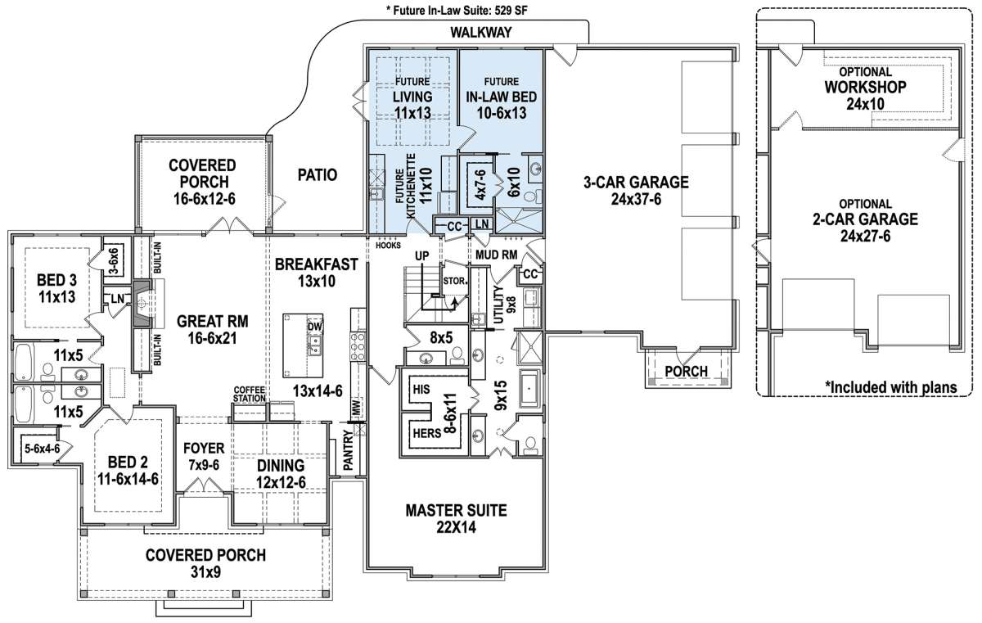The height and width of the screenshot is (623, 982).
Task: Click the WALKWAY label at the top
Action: [x=481, y=33]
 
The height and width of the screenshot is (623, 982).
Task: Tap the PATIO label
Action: [x=318, y=175]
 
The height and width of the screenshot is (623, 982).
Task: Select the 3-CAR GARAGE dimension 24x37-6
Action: [x=636, y=200]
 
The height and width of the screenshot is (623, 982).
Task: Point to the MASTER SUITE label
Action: [x=456, y=510]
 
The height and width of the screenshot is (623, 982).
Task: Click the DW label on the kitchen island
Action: [x=315, y=326]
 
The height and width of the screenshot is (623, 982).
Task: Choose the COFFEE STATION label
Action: [x=250, y=394]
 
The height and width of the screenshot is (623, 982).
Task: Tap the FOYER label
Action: [x=204, y=448]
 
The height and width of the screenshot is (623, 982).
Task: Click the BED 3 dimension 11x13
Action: [x=56, y=297]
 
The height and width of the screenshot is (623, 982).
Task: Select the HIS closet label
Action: [x=421, y=390]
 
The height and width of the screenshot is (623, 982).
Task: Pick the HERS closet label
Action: [x=427, y=433]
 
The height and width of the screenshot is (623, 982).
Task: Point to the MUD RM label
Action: [x=496, y=255]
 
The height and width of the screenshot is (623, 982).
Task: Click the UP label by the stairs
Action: [x=421, y=255]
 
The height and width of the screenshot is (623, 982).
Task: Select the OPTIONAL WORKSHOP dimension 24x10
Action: [x=866, y=104]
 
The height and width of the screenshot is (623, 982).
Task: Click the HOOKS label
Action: [x=388, y=246]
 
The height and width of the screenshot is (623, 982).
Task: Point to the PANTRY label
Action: [x=348, y=451]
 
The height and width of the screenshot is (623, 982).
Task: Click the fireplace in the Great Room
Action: [x=143, y=303]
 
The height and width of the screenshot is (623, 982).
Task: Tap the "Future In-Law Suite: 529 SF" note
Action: [x=457, y=11]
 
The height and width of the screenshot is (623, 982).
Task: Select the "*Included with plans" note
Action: [x=891, y=387]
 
